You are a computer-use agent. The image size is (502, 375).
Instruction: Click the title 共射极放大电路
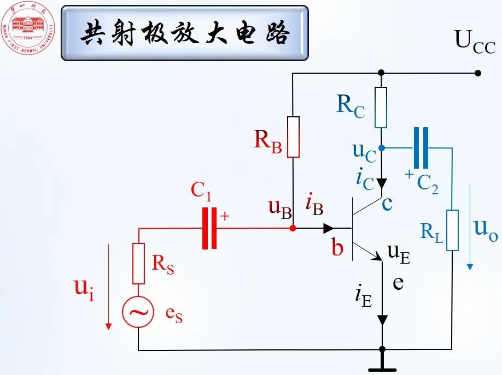point(185,33)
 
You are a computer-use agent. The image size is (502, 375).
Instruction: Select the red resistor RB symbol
point(293,136)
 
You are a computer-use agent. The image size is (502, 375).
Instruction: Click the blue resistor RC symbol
point(381,107)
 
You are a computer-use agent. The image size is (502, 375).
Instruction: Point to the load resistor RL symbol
point(452,230)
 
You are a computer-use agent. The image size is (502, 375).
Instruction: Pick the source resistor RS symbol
point(138,263)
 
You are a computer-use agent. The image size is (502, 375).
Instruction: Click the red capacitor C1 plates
point(209,228)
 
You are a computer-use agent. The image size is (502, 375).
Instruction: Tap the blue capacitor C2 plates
point(421,147)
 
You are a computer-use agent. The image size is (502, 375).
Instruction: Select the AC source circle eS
point(138,312)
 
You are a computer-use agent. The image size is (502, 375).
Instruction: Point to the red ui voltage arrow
point(108,287)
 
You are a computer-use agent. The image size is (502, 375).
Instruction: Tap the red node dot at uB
point(293,228)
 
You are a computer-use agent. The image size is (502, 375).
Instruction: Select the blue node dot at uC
point(381,148)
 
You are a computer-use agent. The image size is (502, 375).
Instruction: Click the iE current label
point(364,295)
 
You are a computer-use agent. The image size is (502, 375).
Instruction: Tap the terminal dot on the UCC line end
point(478,73)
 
